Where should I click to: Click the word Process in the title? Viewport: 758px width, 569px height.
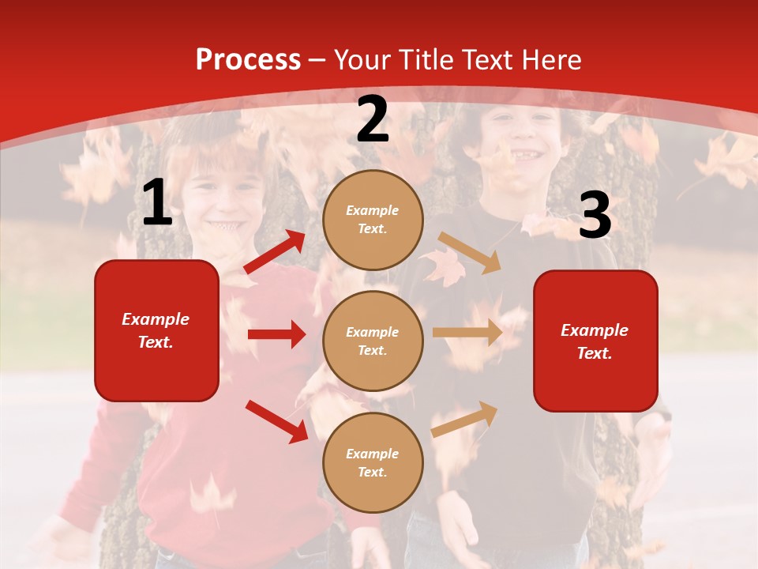click(248, 60)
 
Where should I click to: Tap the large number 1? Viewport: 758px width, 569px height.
click(157, 204)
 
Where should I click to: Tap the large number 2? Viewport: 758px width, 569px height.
click(373, 120)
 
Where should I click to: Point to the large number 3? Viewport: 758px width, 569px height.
click(595, 216)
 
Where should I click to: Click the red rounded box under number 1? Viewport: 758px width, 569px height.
click(156, 330)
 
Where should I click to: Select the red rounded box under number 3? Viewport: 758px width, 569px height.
click(595, 341)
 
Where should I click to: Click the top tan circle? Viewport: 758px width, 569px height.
click(373, 219)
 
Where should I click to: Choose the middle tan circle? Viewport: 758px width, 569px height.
click(373, 341)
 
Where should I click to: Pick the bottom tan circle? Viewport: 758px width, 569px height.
click(373, 462)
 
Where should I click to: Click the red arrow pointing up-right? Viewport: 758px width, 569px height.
click(275, 252)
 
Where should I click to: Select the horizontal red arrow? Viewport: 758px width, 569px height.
click(276, 334)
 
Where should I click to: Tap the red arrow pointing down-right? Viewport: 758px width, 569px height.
click(276, 420)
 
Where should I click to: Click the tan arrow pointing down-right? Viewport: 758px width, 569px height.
click(470, 252)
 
